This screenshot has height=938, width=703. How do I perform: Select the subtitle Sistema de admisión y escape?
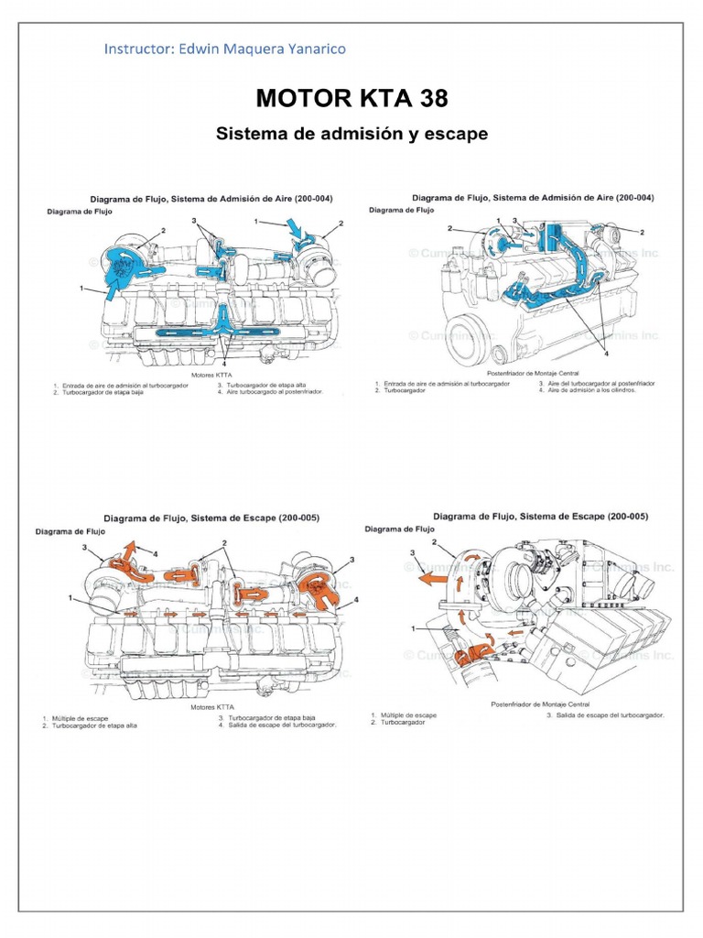(x=351, y=134)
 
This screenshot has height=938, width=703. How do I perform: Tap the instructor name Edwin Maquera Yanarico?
(x=265, y=49)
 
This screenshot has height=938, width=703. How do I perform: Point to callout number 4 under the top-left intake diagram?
(x=223, y=362)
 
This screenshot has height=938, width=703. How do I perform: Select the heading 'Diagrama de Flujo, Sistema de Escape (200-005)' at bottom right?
(x=540, y=516)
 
